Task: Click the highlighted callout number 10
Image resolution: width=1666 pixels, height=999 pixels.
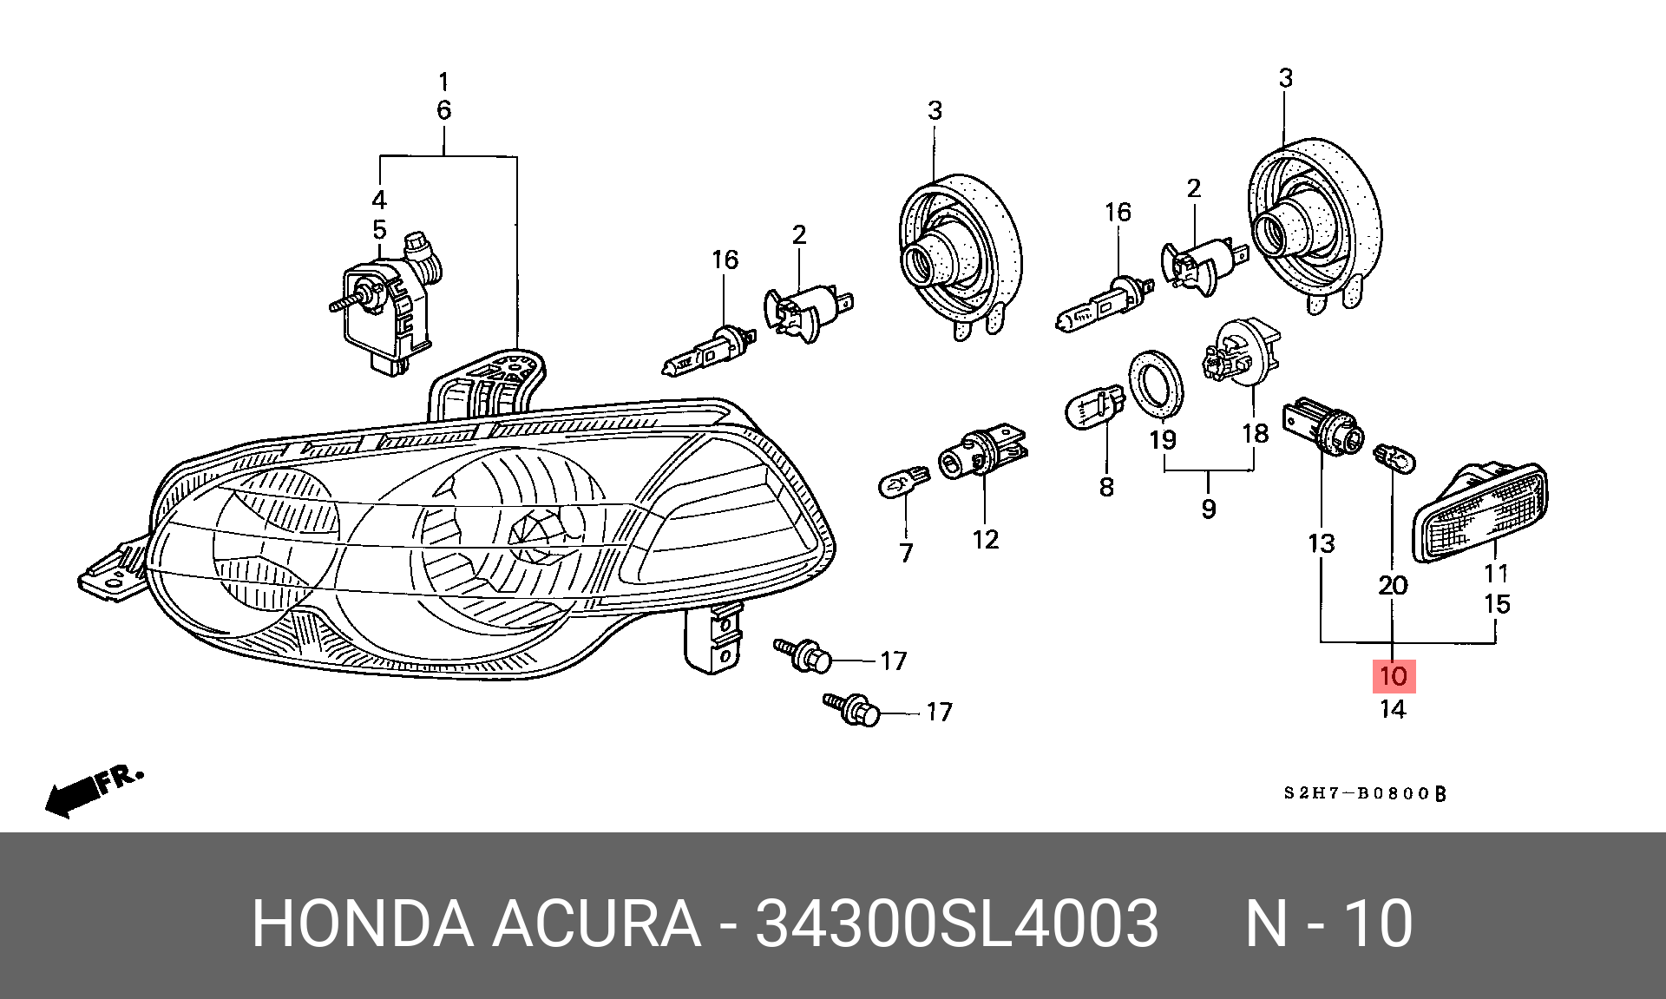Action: coord(1393,675)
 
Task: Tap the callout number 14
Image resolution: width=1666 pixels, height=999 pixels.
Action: coord(1392,710)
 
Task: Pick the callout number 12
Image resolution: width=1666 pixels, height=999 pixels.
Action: coord(986,540)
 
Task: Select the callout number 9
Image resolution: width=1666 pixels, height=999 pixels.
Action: coord(1209,508)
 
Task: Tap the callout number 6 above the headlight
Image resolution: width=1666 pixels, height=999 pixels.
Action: coord(443,111)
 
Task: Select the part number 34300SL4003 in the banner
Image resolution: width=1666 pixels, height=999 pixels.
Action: coord(956,923)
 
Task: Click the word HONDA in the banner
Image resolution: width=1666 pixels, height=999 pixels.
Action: coord(361,923)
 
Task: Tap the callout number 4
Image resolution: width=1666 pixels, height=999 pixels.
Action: coord(379,200)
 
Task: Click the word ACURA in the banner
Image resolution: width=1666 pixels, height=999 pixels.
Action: coord(596,923)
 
